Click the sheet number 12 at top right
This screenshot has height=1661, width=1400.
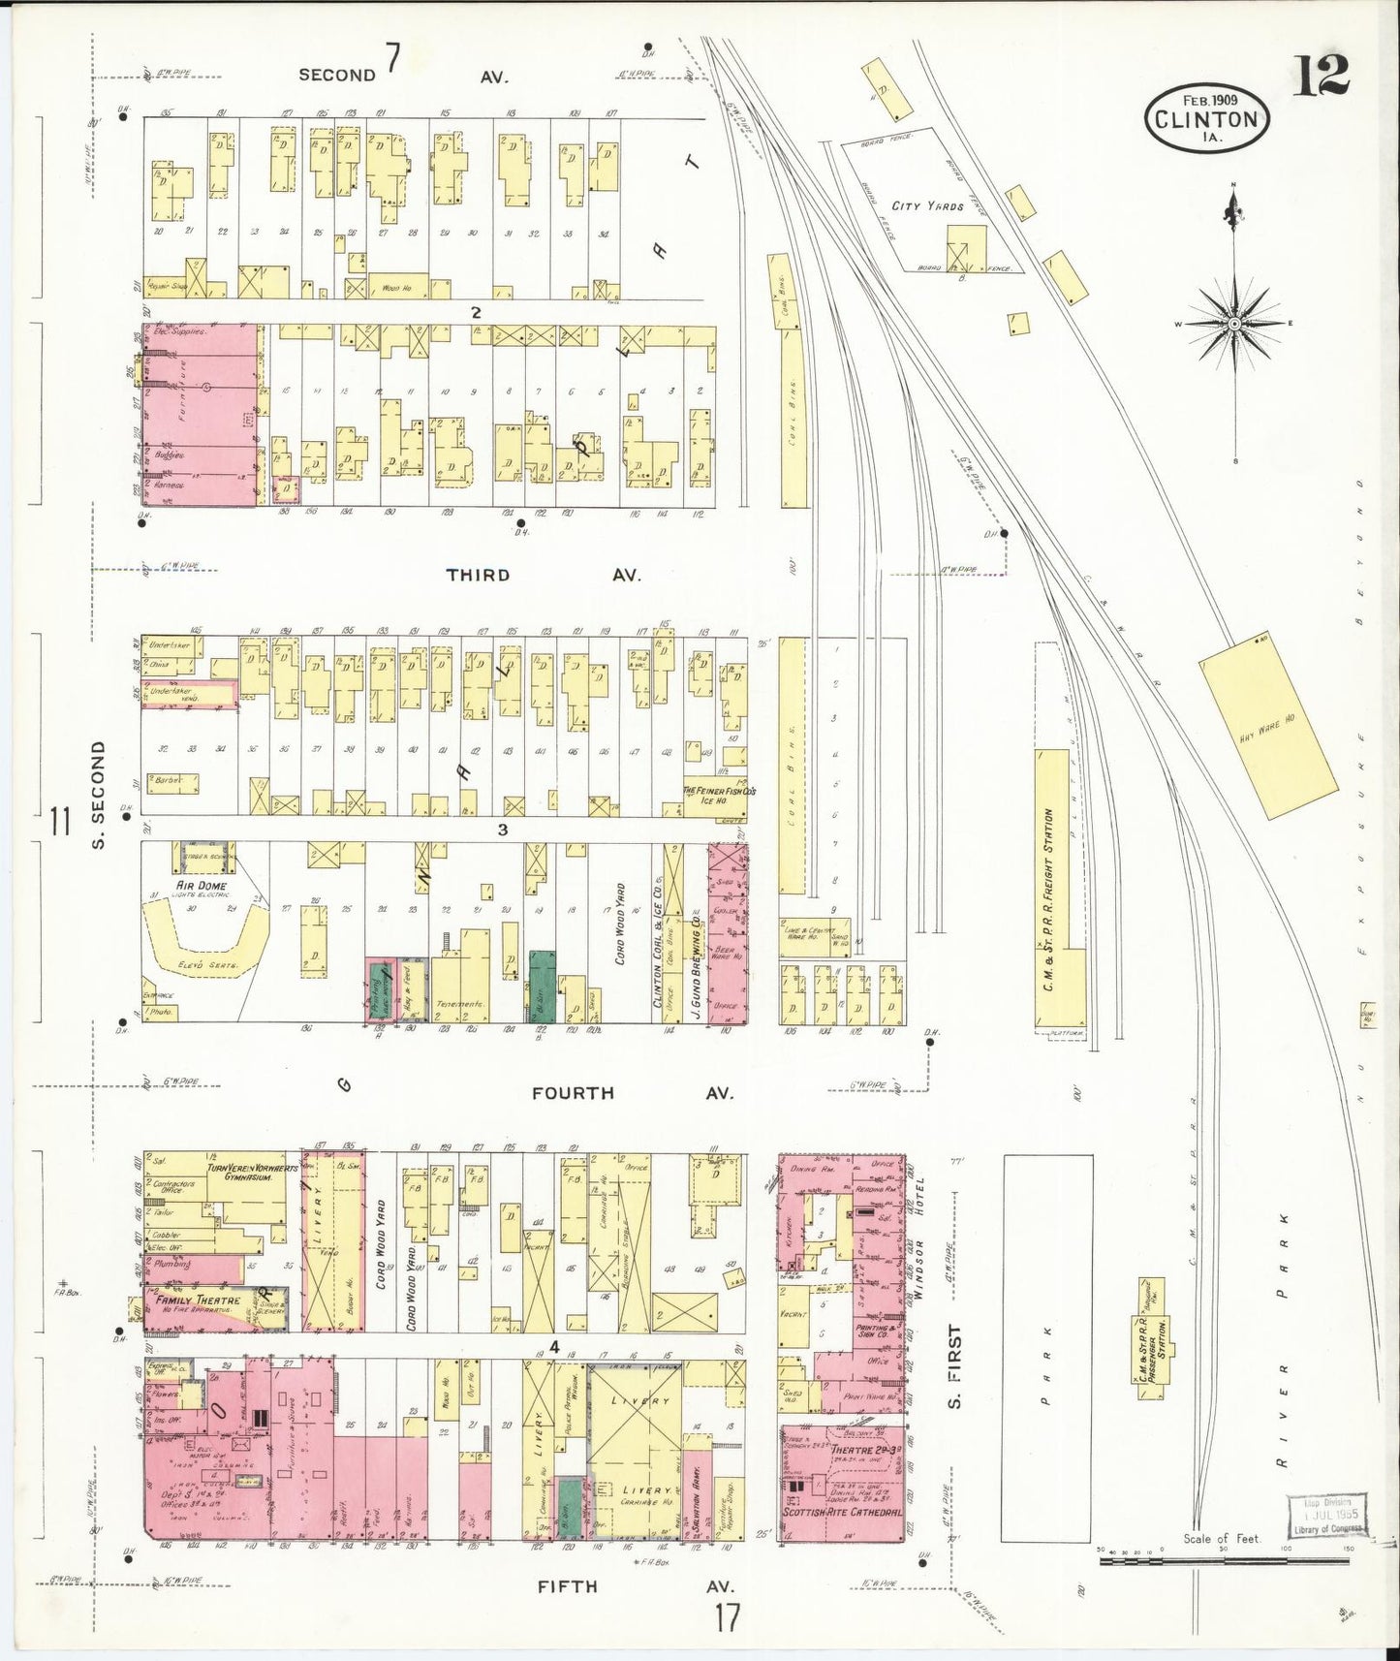tap(1320, 76)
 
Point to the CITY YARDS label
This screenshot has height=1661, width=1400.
tap(927, 206)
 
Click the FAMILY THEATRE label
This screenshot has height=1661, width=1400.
tap(191, 1301)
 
